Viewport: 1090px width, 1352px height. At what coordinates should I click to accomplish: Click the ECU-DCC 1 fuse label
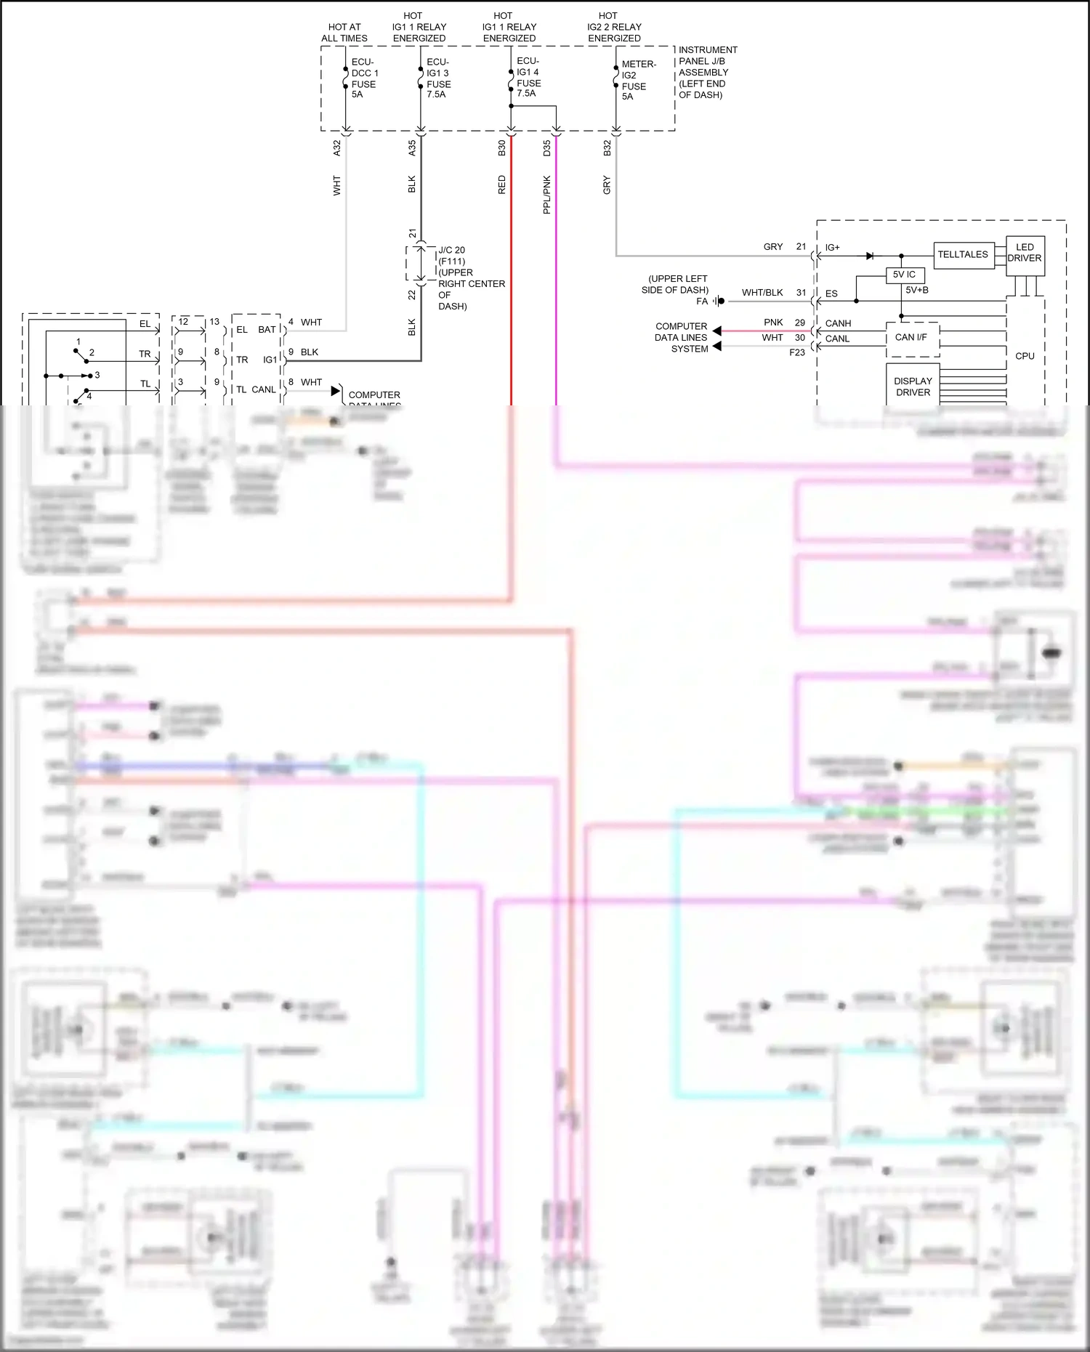click(x=364, y=78)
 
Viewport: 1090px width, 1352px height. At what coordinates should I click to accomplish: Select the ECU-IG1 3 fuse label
click(x=438, y=78)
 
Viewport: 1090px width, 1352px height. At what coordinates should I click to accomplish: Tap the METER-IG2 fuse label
click(x=638, y=80)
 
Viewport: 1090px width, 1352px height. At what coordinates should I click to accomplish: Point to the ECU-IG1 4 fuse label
click(x=528, y=77)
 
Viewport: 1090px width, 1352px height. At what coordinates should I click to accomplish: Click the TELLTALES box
click(x=963, y=254)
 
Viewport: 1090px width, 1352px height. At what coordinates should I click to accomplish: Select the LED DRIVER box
click(x=1025, y=253)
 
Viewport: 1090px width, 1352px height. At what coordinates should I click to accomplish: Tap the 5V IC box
click(x=904, y=275)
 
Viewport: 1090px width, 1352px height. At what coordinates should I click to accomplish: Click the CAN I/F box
click(x=911, y=338)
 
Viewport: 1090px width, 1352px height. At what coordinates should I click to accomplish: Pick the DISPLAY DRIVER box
click(x=913, y=386)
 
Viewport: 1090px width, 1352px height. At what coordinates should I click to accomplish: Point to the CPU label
click(x=1025, y=356)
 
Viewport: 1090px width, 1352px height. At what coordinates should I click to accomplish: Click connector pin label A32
click(x=337, y=148)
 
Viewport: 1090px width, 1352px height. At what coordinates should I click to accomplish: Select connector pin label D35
click(x=547, y=148)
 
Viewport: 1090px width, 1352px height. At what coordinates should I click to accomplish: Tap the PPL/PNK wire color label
click(x=547, y=194)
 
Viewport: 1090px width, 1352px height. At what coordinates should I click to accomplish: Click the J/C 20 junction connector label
click(x=451, y=250)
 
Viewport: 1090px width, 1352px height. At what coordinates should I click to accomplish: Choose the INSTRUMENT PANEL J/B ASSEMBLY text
click(x=706, y=72)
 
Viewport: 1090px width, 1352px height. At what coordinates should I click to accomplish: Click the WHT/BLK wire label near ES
click(x=762, y=293)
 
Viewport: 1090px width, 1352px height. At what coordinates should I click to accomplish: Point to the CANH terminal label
click(x=838, y=323)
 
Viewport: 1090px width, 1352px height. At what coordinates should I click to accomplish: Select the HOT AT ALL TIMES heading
click(x=344, y=33)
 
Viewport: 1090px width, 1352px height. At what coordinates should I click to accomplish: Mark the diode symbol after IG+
click(x=870, y=256)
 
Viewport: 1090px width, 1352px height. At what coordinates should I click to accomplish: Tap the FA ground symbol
click(x=719, y=301)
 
